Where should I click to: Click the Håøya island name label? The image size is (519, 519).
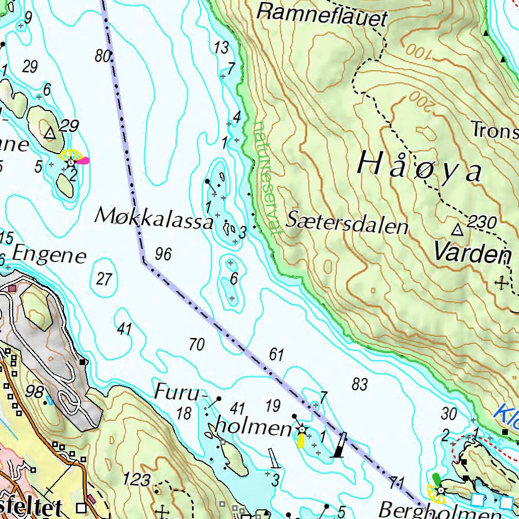[420, 167]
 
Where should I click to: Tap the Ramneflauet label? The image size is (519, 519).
[322, 14]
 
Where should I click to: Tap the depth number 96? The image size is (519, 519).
[163, 254]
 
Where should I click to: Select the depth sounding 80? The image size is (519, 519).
[103, 56]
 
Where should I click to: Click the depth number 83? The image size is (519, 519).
[359, 384]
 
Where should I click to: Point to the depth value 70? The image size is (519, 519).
[196, 345]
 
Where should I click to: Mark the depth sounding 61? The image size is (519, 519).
[276, 355]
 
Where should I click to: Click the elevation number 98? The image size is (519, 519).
[34, 391]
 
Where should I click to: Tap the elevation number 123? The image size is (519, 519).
[137, 479]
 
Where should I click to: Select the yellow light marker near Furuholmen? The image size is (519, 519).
[301, 441]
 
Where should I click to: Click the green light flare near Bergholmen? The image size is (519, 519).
[436, 478]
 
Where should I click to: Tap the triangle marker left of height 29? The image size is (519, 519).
[49, 133]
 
